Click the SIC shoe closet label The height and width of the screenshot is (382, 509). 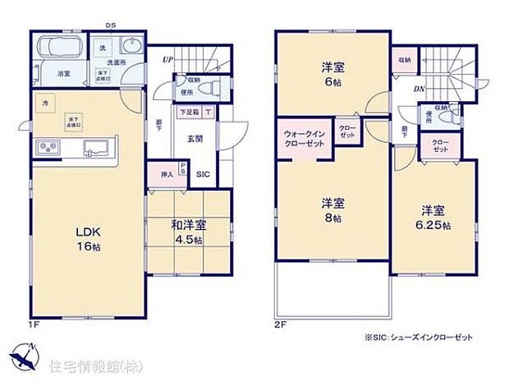(203, 174)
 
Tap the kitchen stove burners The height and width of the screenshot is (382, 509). (48, 148)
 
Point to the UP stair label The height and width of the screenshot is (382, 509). (167, 59)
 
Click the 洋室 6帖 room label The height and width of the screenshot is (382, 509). (331, 76)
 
